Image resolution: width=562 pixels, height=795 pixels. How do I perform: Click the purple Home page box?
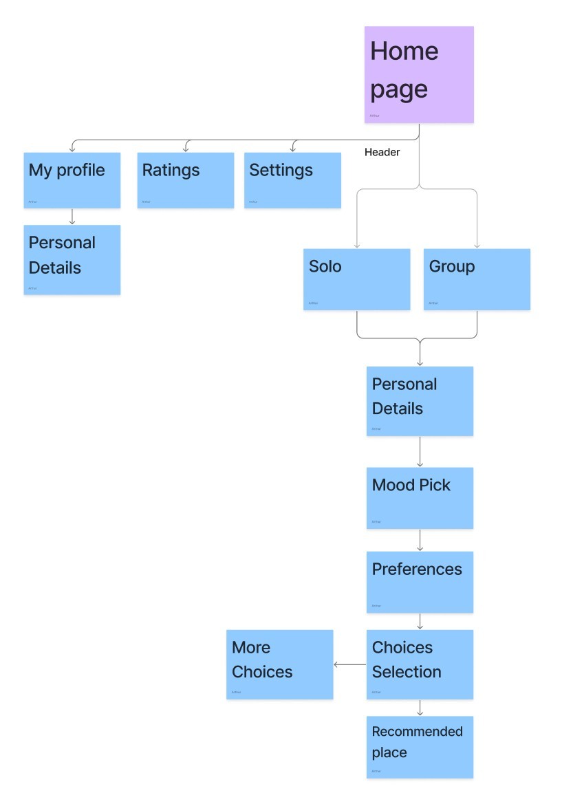coord(419,74)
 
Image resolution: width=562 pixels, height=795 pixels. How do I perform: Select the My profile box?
coord(72,179)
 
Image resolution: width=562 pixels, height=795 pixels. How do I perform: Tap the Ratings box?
coord(186,179)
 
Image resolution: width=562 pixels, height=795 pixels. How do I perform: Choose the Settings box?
coord(293,179)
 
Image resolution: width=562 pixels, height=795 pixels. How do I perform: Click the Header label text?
coord(382,152)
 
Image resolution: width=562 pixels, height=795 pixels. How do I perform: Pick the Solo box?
coord(356,279)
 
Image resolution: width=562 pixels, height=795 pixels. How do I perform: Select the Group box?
coord(477,279)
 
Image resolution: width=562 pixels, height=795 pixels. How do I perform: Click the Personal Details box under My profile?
coord(72,259)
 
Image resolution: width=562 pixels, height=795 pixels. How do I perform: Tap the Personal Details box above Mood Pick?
coord(420,400)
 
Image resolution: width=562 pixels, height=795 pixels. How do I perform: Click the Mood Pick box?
coord(420,497)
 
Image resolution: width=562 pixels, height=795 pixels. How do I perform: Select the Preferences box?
coord(420,581)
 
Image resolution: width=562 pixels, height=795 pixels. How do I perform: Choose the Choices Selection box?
coord(420,664)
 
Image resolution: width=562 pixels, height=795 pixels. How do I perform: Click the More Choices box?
coord(280,664)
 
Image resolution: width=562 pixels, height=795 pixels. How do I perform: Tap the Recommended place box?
coord(420,746)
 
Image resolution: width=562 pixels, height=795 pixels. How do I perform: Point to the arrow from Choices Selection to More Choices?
coord(349,664)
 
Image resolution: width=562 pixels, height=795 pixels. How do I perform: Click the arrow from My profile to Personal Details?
coord(72,216)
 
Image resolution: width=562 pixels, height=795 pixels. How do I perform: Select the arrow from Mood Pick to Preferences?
coord(420,540)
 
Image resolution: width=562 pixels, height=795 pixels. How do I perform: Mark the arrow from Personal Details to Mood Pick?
coord(420,451)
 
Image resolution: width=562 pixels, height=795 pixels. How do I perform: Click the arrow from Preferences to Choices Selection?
coord(420,621)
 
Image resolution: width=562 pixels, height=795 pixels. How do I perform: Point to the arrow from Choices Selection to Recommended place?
coord(420,708)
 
